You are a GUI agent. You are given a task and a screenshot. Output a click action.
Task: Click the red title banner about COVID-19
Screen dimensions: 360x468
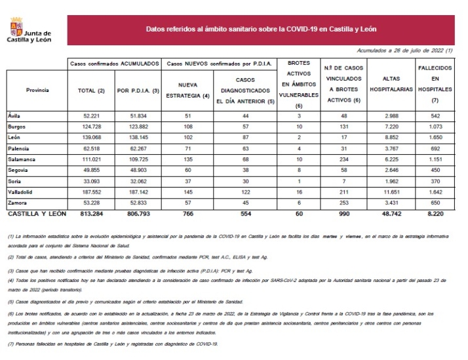(x=261, y=30)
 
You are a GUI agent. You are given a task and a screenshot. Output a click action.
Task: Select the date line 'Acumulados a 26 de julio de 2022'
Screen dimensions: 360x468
(x=404, y=50)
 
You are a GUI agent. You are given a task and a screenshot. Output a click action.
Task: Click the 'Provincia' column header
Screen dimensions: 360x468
(x=37, y=89)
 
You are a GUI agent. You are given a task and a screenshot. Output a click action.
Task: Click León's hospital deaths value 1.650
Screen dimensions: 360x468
(x=435, y=137)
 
